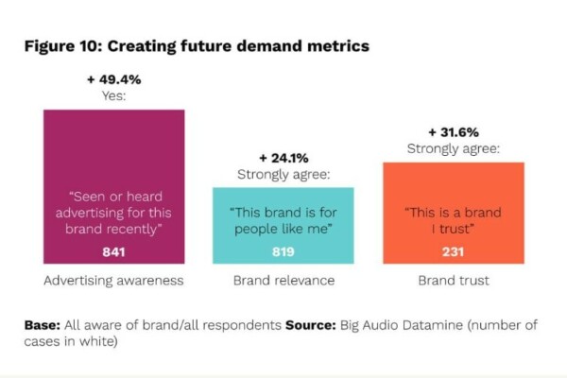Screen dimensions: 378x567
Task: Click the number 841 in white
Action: (113, 251)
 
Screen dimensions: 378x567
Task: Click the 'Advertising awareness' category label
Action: (113, 282)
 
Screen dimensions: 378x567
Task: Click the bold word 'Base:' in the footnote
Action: (43, 325)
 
